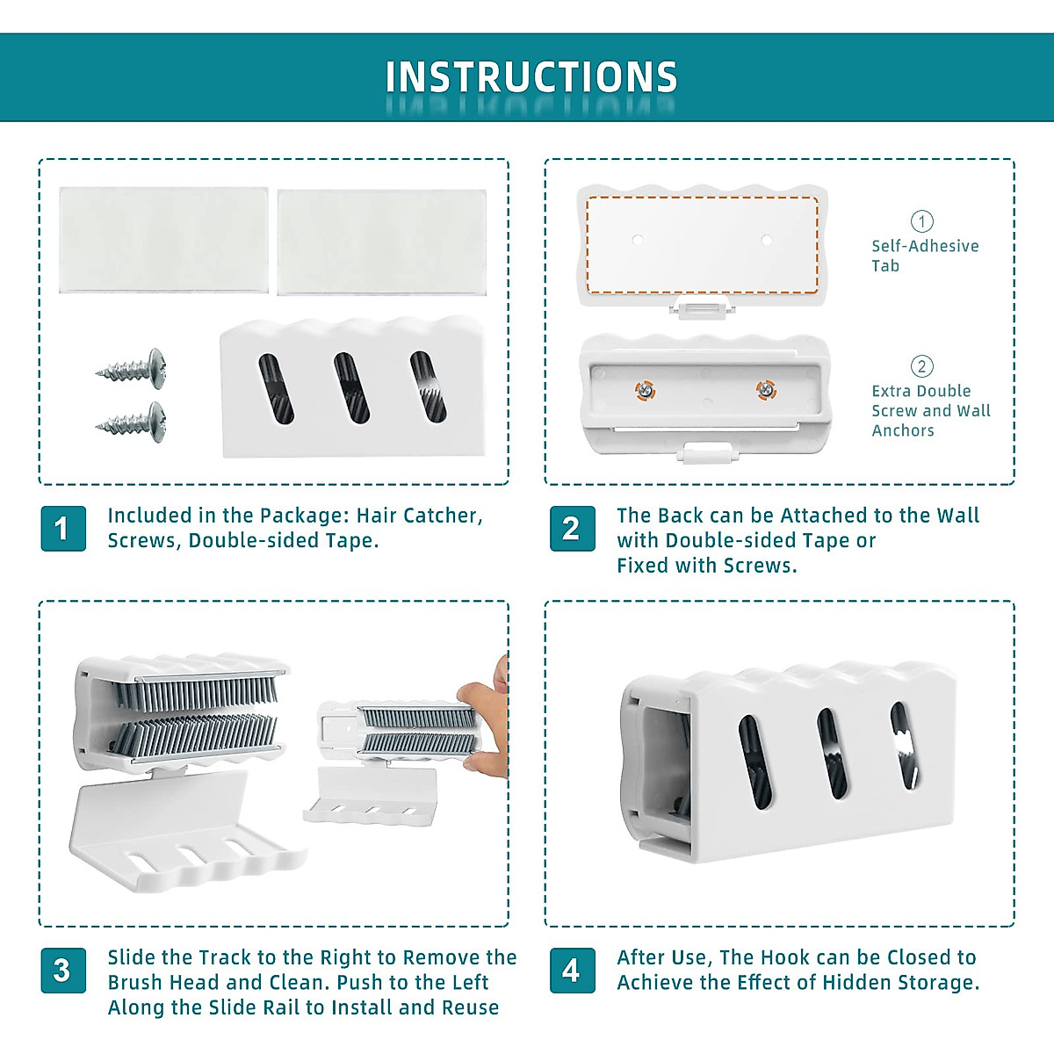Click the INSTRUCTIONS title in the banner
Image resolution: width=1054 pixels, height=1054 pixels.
click(x=531, y=76)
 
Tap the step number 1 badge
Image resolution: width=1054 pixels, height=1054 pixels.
click(x=63, y=529)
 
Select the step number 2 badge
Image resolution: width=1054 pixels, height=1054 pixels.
click(x=572, y=529)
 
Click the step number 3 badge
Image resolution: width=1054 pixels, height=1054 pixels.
click(x=63, y=971)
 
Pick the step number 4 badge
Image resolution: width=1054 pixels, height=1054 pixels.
click(x=572, y=971)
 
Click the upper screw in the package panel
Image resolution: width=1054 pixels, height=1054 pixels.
click(x=131, y=369)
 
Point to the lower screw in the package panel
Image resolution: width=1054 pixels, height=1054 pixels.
click(x=131, y=422)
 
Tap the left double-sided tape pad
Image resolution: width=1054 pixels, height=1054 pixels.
click(x=163, y=240)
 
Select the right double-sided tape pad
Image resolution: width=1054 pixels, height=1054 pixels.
click(x=382, y=242)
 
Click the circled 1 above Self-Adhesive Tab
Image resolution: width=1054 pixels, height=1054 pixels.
click(x=921, y=221)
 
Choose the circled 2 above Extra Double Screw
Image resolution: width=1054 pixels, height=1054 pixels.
click(x=921, y=366)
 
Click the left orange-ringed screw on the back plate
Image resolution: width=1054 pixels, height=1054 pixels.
click(x=646, y=390)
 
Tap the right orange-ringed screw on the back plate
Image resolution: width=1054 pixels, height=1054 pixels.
click(x=766, y=390)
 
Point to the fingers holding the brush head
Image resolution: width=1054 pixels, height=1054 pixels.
click(x=485, y=721)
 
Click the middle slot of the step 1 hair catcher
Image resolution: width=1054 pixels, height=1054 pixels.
click(x=351, y=387)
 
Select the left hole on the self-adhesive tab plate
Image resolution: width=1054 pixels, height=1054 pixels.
click(x=637, y=240)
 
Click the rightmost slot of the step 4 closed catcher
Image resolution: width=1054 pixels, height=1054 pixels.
click(x=905, y=746)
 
